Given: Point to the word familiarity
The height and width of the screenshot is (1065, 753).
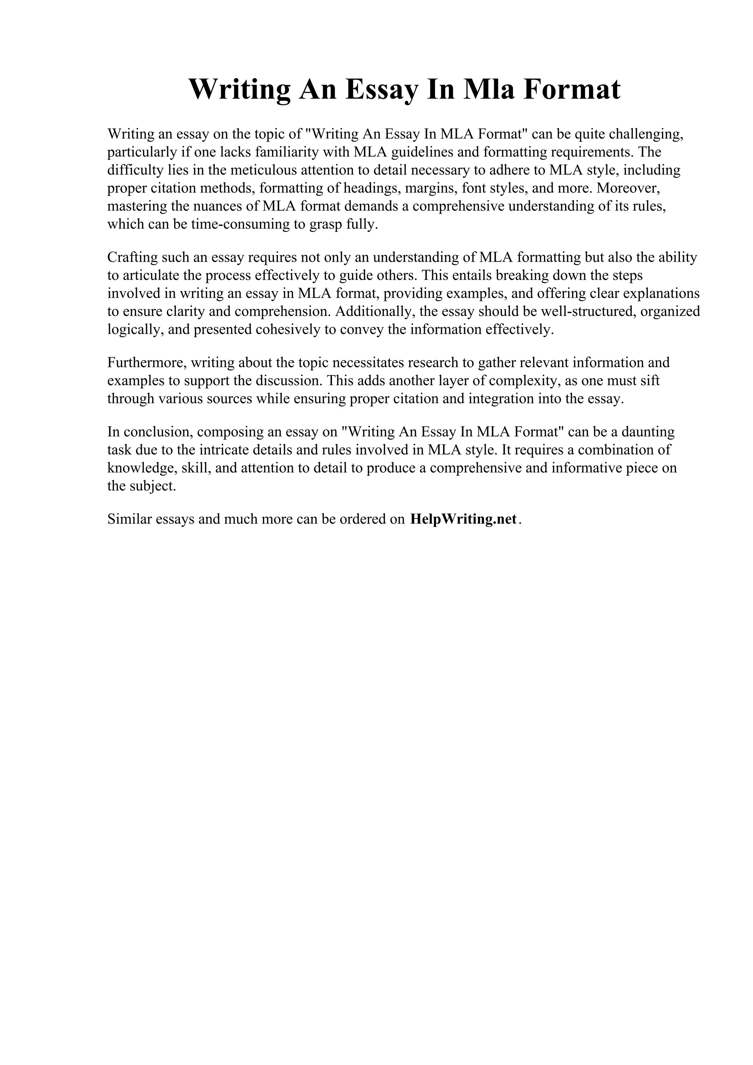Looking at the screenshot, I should coord(290,152).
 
